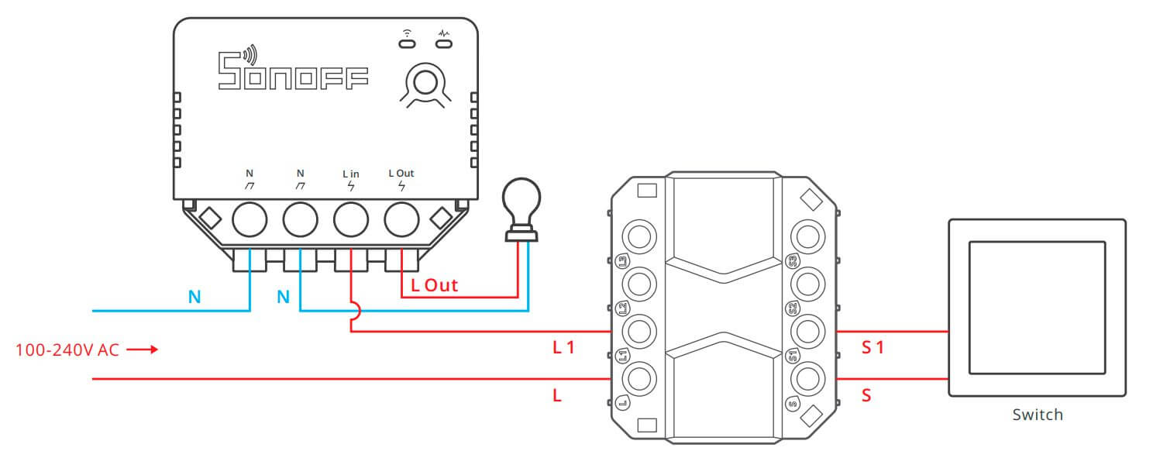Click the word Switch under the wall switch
coord(1038,415)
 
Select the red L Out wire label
coord(434,285)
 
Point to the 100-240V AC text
coord(67,350)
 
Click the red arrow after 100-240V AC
coord(142,350)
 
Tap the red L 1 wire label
coord(563,348)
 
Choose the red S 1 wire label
coord(872,348)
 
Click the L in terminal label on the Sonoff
coord(350,174)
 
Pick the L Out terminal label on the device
coord(401,174)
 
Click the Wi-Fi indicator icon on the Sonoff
coord(406,33)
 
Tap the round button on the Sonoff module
coord(423,80)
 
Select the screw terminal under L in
coord(350,220)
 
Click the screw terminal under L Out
coord(401,220)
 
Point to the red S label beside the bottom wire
coord(866,396)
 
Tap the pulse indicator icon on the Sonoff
coord(442,33)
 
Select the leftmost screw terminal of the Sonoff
coord(250,220)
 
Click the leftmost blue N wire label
coord(194,297)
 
